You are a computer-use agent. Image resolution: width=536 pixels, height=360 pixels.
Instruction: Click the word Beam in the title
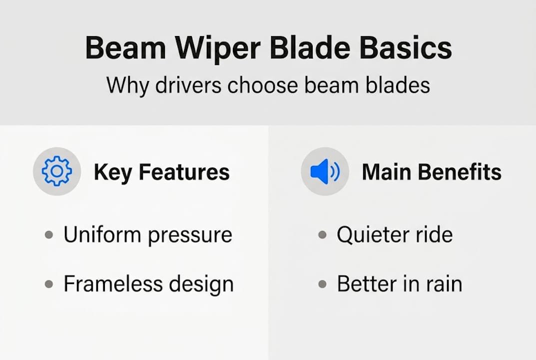125,47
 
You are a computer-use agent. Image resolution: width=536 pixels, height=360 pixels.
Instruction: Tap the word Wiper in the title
218,49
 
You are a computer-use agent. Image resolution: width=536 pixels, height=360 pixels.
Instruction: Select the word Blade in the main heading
310,47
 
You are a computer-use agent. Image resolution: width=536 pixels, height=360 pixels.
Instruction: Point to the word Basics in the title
406,47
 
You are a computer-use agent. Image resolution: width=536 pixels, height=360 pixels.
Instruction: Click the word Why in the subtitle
127,85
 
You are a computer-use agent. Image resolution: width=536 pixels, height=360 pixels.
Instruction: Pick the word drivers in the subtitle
188,85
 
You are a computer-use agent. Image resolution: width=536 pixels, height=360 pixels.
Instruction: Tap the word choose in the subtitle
263,85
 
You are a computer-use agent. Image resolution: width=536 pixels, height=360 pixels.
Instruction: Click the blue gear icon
57,171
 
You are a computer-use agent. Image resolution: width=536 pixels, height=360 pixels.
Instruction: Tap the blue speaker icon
325,171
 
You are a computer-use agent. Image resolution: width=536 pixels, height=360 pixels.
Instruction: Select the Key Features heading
162,172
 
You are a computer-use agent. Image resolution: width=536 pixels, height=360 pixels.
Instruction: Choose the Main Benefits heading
432,171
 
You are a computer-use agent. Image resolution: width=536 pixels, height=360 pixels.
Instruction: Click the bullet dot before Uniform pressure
49,235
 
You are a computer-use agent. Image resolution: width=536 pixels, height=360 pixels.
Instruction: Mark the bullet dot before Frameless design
49,284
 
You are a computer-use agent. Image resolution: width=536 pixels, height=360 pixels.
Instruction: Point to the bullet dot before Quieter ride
322,235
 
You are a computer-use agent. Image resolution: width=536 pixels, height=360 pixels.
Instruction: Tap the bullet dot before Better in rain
322,284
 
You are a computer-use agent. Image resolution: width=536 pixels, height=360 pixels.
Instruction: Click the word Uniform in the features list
102,234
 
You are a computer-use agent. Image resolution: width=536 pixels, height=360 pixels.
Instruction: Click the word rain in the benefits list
444,283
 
